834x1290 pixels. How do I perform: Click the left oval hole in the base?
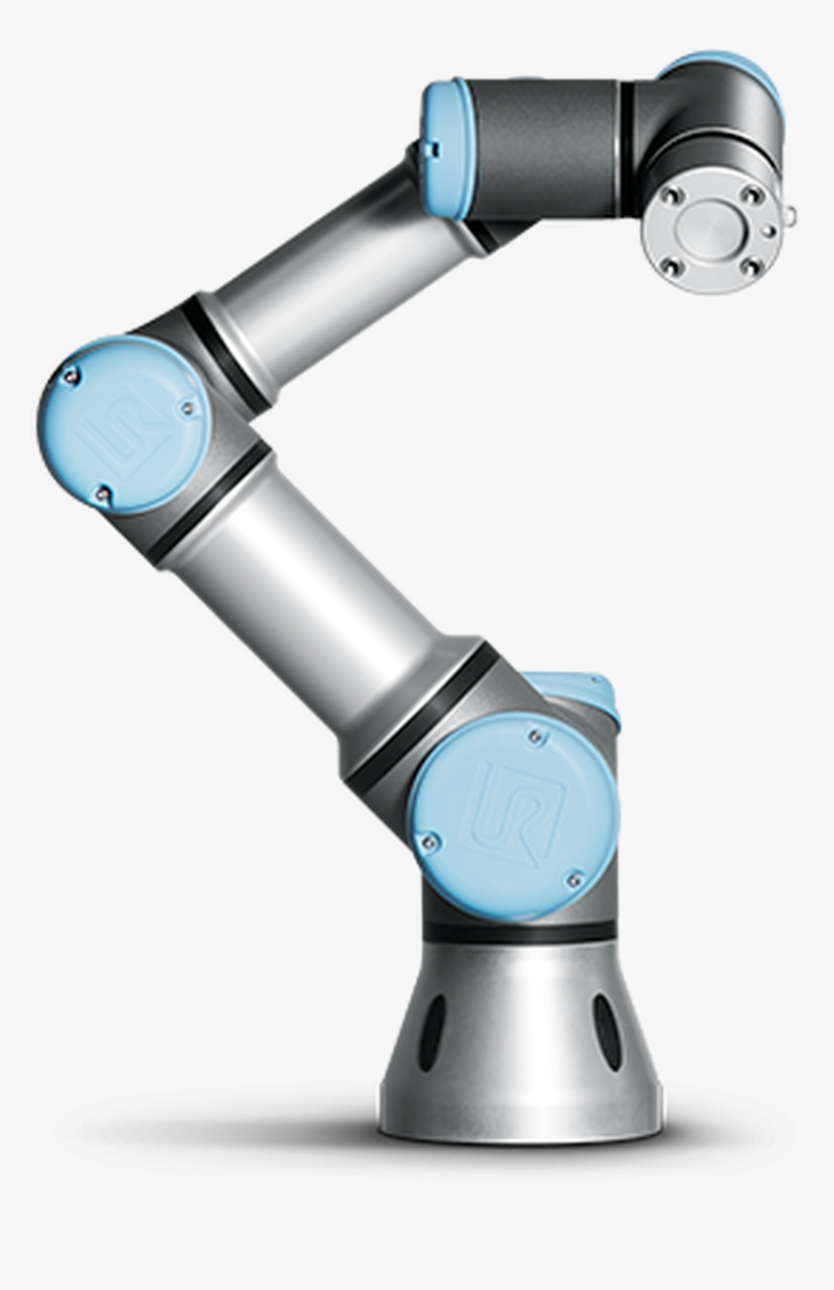click(x=431, y=1033)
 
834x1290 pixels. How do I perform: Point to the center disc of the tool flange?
click(x=711, y=230)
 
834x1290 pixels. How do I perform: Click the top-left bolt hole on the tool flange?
click(x=668, y=198)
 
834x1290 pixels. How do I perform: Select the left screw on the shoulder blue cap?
click(x=428, y=840)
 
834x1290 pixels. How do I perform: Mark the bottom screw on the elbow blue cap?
click(x=102, y=495)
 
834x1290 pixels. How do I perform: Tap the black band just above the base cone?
click(x=520, y=932)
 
